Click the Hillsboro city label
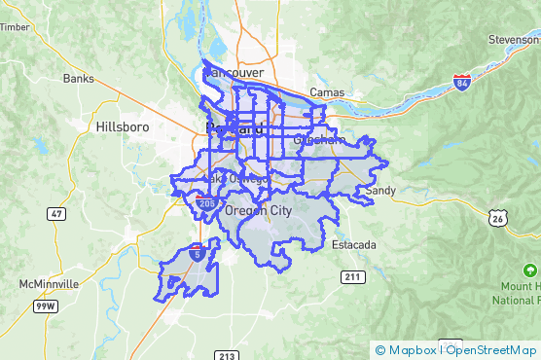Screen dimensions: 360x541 pyautogui.click(x=121, y=126)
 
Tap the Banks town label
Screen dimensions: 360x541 pyautogui.click(x=77, y=78)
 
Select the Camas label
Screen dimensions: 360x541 pyautogui.click(x=326, y=92)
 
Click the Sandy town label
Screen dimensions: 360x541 pyautogui.click(x=380, y=191)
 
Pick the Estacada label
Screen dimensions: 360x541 pyautogui.click(x=353, y=245)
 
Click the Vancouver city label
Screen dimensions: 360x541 pyautogui.click(x=235, y=73)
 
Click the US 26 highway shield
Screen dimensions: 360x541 pyautogui.click(x=498, y=219)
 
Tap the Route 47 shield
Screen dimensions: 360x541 pyautogui.click(x=57, y=213)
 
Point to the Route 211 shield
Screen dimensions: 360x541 pyautogui.click(x=352, y=277)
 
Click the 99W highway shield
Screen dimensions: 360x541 pyautogui.click(x=44, y=306)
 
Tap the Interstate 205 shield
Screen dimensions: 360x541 pyautogui.click(x=205, y=202)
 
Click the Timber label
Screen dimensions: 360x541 pyautogui.click(x=14, y=27)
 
